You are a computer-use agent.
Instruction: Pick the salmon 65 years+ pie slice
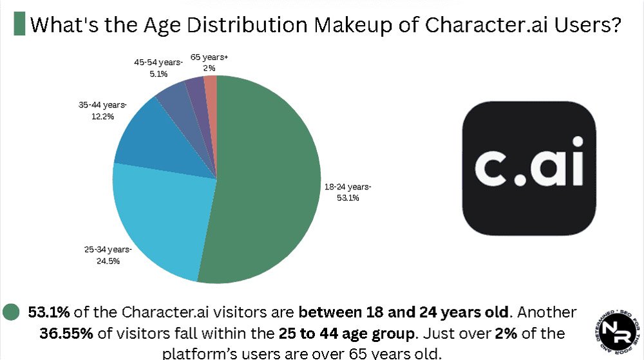coord(211,87)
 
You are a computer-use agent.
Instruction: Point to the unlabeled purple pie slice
coord(195,90)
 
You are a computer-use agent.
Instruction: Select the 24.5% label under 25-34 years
coord(108,261)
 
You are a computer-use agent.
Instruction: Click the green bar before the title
coord(19,24)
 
